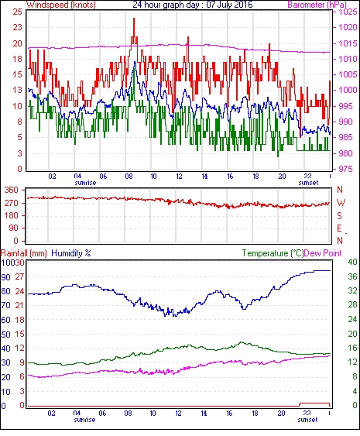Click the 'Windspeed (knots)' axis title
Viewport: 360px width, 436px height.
click(61, 5)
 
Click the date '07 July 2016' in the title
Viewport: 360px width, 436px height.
click(229, 5)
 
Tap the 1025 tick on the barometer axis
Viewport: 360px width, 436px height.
click(348, 12)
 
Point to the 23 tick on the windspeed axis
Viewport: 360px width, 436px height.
click(18, 27)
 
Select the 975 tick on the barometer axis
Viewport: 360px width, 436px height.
click(345, 169)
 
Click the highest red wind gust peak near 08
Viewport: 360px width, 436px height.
click(134, 19)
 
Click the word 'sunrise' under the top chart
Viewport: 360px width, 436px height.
click(85, 183)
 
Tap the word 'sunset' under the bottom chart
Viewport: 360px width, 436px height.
click(307, 419)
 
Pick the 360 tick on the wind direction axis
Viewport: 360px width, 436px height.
click(12, 191)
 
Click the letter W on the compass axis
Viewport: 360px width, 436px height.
click(341, 203)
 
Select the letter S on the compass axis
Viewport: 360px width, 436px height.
click(339, 215)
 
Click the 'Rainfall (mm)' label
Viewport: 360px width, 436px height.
click(24, 253)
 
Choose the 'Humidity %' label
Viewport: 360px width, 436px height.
click(71, 253)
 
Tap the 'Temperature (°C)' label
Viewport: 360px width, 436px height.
click(273, 253)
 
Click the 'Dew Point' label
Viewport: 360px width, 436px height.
click(323, 253)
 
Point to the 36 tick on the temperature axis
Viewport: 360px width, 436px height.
click(352, 276)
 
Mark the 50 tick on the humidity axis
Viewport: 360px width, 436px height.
click(6, 335)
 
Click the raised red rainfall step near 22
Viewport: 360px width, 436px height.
click(314, 403)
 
